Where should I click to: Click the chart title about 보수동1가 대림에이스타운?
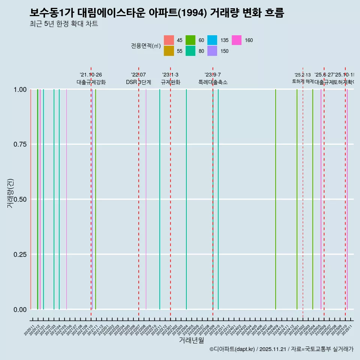coord(157,13)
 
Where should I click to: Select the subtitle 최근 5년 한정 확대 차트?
coord(64,24)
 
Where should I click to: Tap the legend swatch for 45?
coord(169,40)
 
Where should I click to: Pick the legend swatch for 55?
coord(169,51)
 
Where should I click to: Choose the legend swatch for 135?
coord(212,40)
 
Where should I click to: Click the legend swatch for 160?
coord(236,40)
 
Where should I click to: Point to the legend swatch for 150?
coord(212,51)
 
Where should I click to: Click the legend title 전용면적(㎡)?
coord(146,46)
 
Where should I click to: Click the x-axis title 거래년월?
coord(191,340)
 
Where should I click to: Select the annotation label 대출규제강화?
coord(91,82)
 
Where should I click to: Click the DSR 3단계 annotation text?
coord(138,82)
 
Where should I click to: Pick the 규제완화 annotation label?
coord(170,82)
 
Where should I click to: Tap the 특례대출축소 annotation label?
coord(213,82)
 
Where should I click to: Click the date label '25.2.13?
coord(302,75)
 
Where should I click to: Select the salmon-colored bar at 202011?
coord(31,199)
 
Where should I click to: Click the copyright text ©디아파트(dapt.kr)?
coord(232,349)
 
